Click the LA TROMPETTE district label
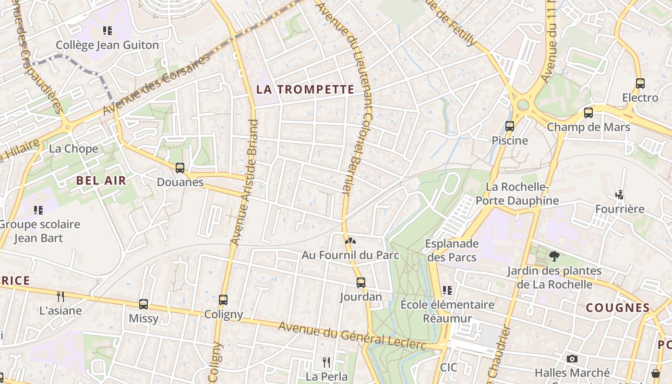pyautogui.click(x=305, y=89)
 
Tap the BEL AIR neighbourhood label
pyautogui.click(x=101, y=180)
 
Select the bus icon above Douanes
pyautogui.click(x=180, y=168)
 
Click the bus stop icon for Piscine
pyautogui.click(x=510, y=126)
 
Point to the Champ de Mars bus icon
pyautogui.click(x=588, y=113)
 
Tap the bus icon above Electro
pyautogui.click(x=640, y=83)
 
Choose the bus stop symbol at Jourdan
pyautogui.click(x=361, y=283)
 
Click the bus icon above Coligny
pyautogui.click(x=223, y=300)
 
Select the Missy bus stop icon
pyautogui.click(x=144, y=304)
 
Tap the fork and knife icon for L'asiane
pyautogui.click(x=60, y=296)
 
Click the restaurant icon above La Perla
pyautogui.click(x=326, y=362)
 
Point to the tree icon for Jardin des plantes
pyautogui.click(x=554, y=256)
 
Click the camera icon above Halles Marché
pyautogui.click(x=572, y=359)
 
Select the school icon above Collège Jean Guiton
pyautogui.click(x=108, y=31)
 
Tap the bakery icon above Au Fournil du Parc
pyautogui.click(x=350, y=240)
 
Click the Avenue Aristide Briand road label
pyautogui.click(x=244, y=182)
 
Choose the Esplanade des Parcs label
pyautogui.click(x=452, y=250)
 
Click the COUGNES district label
pyautogui.click(x=618, y=308)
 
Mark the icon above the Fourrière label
pyautogui.click(x=620, y=195)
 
